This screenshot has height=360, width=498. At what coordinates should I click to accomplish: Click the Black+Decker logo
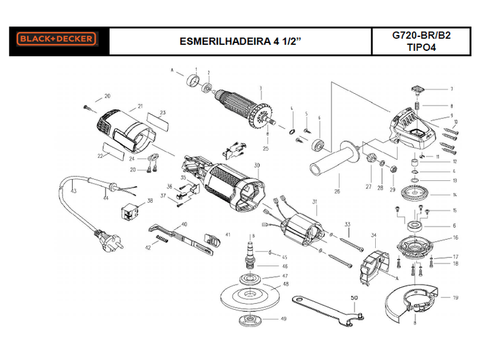point(56,40)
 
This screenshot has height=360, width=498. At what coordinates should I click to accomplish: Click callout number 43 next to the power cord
point(74,191)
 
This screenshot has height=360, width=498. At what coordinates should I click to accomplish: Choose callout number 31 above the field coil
point(315,201)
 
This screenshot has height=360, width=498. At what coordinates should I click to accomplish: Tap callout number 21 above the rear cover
point(140,106)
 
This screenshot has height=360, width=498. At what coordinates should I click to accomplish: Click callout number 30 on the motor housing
point(257,165)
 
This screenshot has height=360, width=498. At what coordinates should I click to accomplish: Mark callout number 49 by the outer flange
point(283,319)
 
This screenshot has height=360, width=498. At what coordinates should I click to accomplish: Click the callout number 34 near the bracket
point(373,234)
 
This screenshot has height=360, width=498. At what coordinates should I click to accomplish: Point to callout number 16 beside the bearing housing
point(455,236)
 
